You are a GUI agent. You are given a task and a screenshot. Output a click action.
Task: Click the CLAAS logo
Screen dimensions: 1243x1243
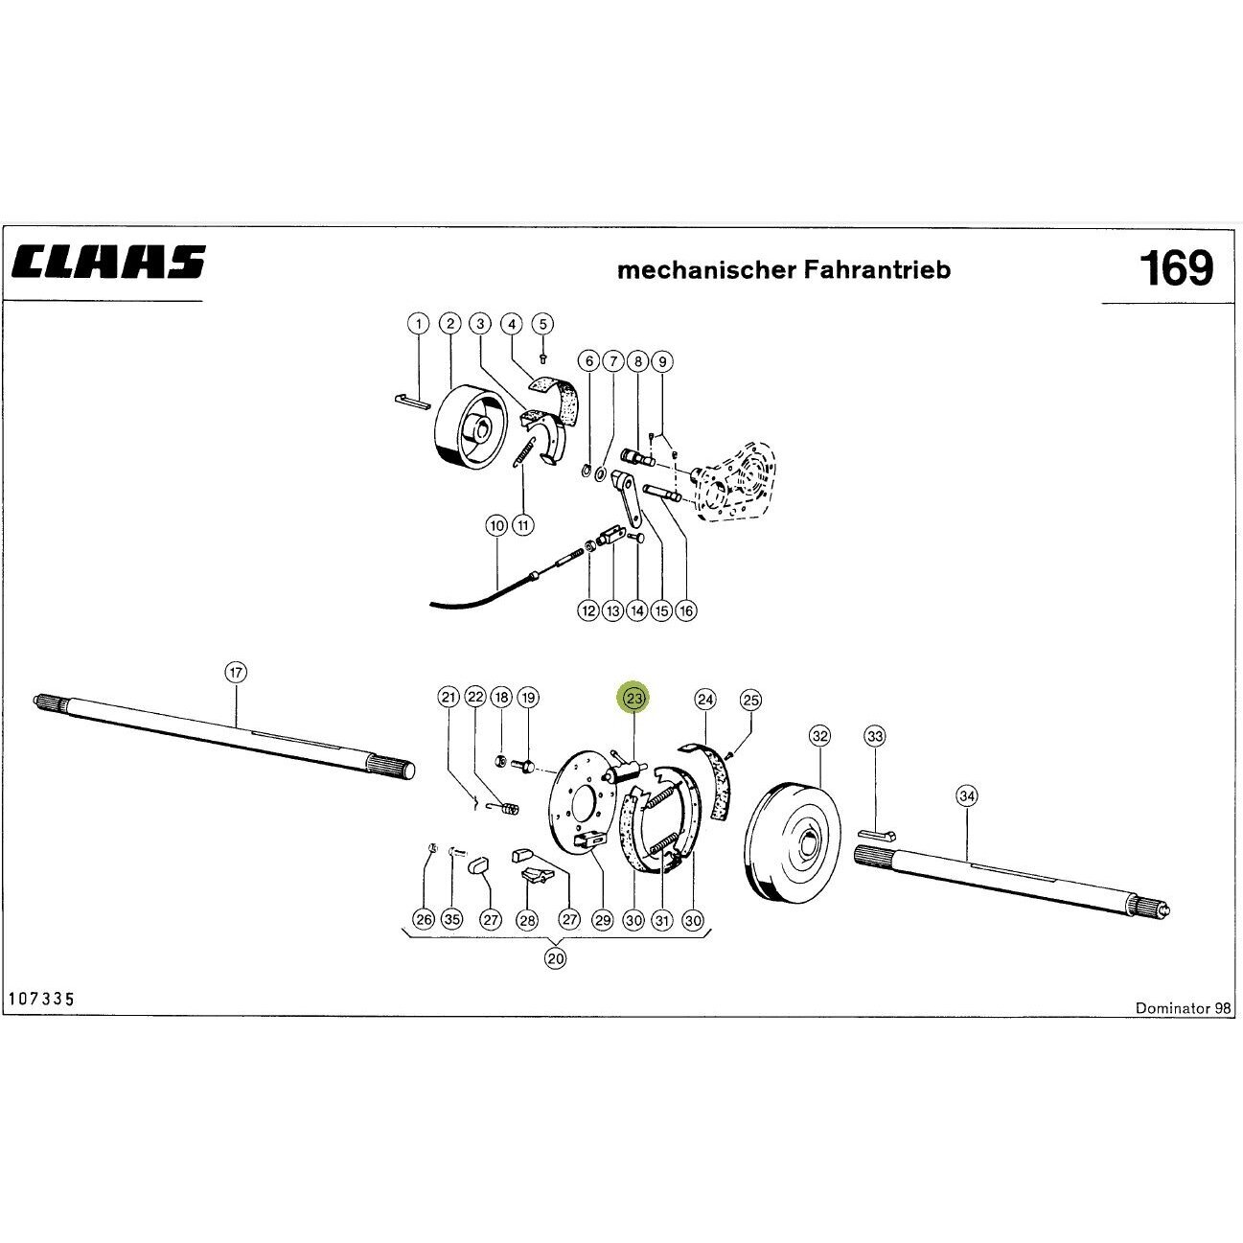coord(107,262)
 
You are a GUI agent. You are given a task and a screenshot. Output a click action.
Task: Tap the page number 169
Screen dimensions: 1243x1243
coord(1176,268)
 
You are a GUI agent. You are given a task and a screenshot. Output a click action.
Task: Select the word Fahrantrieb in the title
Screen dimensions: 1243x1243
coord(877,269)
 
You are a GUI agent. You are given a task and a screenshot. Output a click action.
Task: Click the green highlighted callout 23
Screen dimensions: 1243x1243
coord(634,698)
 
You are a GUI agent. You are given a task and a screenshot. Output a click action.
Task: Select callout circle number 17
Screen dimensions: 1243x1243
coord(236,673)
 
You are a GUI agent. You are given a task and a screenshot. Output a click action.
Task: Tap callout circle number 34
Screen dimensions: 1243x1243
coord(966,796)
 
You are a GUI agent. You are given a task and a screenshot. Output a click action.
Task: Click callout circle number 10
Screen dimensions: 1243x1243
coord(496,526)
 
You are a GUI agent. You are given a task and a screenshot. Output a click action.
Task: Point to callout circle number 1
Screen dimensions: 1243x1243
coord(419,324)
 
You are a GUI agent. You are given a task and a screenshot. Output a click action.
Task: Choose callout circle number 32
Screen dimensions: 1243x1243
coord(819,736)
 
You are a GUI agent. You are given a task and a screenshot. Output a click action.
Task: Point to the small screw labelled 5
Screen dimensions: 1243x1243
coord(542,358)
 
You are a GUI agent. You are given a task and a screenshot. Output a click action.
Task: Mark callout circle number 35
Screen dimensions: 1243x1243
coord(451,919)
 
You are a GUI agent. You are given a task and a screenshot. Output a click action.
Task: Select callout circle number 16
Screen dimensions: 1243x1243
coord(685,610)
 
